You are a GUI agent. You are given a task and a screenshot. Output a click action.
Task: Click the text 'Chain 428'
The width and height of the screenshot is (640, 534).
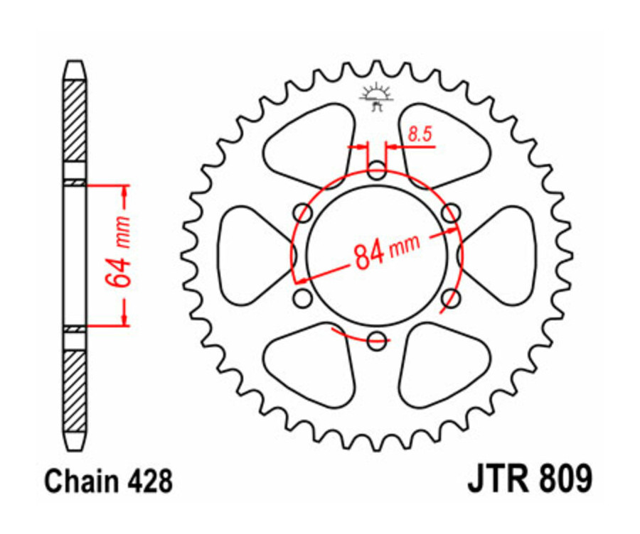pos(108,481)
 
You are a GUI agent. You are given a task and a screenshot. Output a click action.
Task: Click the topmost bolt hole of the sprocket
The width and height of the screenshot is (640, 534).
pos(377,170)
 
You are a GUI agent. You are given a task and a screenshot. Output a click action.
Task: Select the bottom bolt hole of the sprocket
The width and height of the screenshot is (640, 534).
pos(377,342)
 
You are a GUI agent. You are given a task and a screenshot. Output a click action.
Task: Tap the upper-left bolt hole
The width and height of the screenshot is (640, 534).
pos(303,213)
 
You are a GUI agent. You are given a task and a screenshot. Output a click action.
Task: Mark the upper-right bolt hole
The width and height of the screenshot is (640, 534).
pos(451,213)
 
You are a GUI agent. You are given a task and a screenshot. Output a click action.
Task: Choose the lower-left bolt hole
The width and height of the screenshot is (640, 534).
pos(303,299)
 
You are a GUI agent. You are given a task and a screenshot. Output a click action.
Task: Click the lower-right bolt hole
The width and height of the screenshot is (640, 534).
pos(451,299)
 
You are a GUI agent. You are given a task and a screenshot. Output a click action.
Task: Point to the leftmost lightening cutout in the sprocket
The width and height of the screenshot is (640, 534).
pos(245,256)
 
